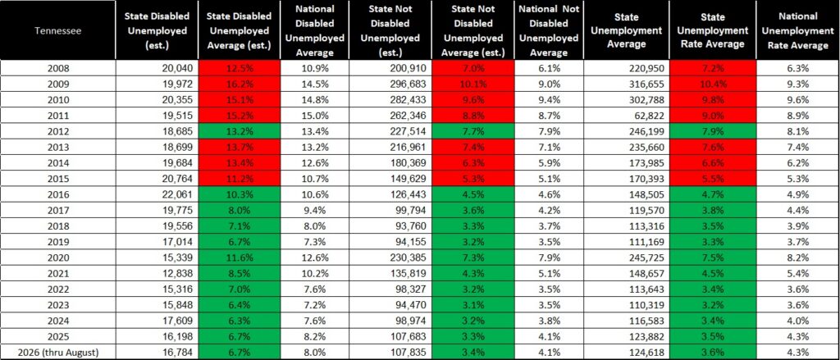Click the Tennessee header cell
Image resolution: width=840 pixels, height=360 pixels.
(58, 30)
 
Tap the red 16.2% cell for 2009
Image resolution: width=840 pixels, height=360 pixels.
(239, 84)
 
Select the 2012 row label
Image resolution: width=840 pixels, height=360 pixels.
(58, 131)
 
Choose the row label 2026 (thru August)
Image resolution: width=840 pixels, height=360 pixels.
(58, 352)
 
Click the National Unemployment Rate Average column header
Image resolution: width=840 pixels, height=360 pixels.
(798, 30)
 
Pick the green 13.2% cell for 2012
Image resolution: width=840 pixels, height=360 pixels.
(239, 131)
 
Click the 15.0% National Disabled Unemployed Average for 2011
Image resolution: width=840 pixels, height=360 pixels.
(314, 115)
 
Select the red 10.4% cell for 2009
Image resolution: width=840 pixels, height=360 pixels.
(713, 84)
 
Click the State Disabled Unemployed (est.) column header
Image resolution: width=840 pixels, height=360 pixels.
(157, 30)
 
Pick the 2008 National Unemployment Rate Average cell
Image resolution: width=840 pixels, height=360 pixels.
(798, 68)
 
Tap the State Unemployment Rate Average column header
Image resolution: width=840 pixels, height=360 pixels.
(713, 30)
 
